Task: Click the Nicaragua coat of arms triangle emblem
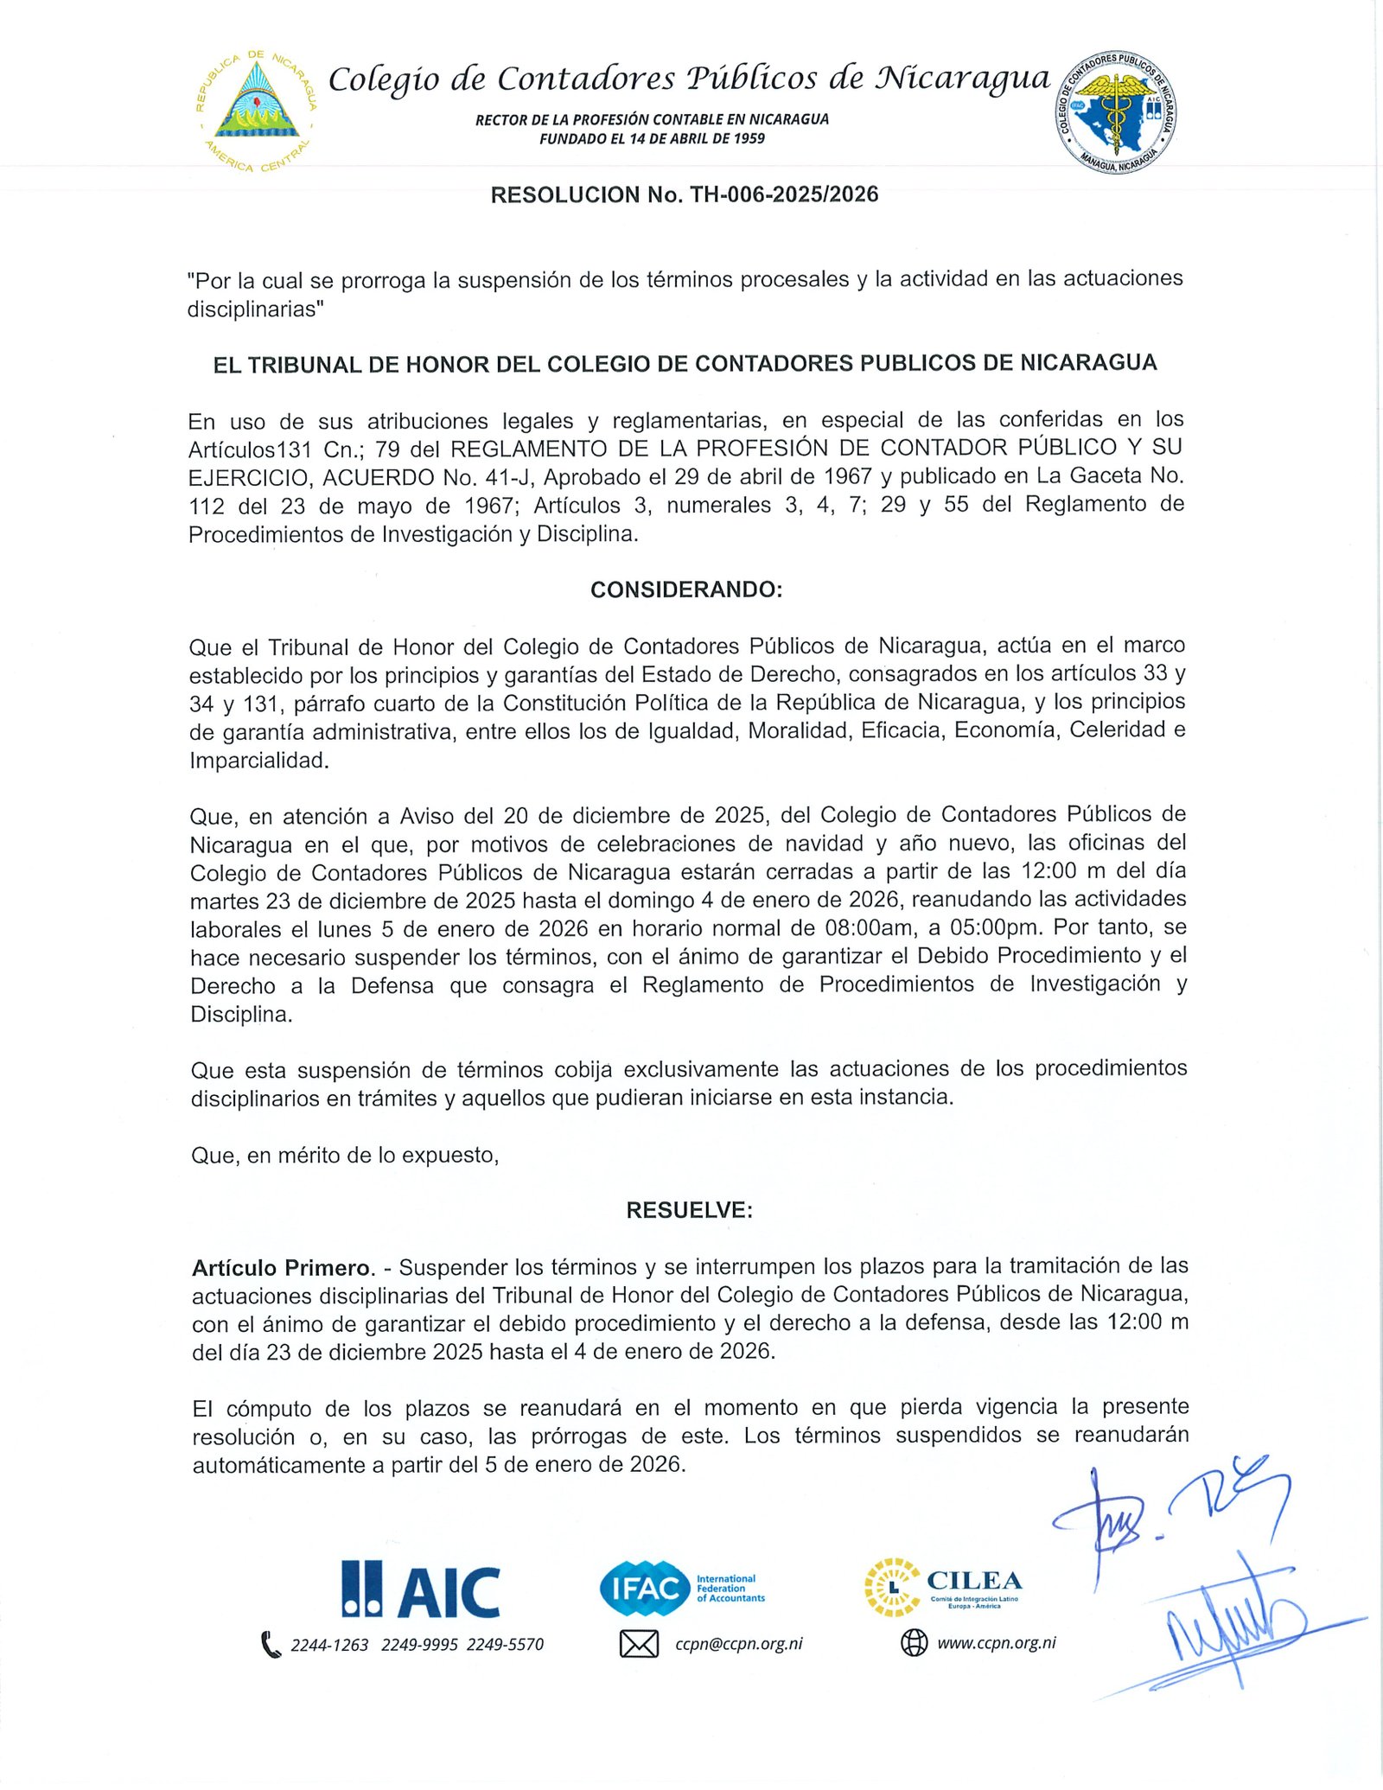[256, 105]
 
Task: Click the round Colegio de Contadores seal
[1115, 111]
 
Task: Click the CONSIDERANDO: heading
[686, 589]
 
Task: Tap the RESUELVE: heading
[689, 1210]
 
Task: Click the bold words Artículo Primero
[283, 1268]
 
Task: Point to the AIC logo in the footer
[421, 1590]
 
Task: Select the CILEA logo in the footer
[944, 1587]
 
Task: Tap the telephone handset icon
[271, 1644]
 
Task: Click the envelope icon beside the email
[639, 1644]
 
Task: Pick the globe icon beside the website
[914, 1643]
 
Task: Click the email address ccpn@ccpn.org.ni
[739, 1644]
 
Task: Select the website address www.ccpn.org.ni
[997, 1643]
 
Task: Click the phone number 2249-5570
[506, 1645]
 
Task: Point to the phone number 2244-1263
[329, 1645]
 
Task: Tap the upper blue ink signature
[1167, 1513]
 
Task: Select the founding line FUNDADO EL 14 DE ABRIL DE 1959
[652, 139]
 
